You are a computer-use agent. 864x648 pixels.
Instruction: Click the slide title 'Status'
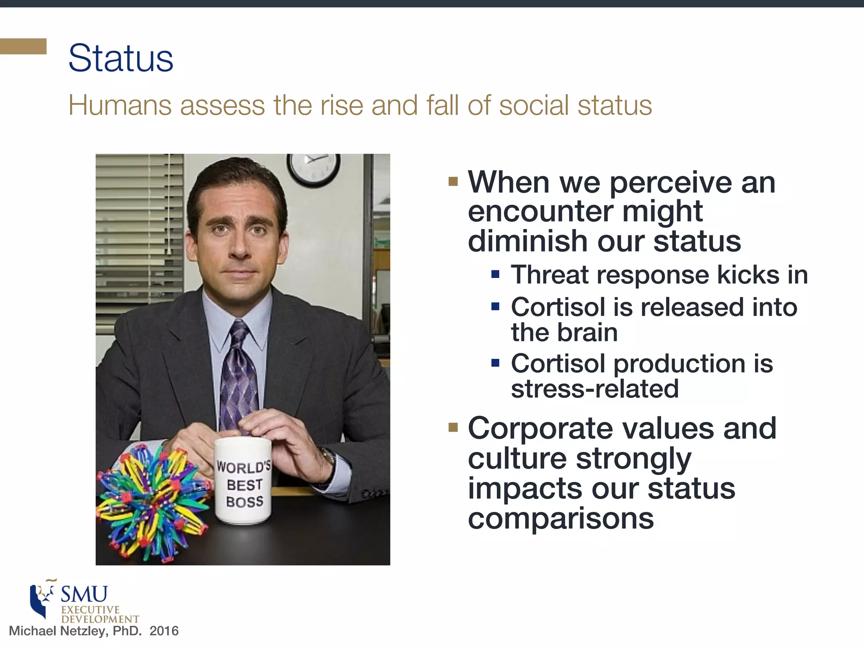121,58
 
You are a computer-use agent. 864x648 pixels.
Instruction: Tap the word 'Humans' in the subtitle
120,105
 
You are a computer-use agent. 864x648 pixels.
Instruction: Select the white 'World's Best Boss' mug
243,481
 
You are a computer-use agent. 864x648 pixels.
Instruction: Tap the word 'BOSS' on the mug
245,502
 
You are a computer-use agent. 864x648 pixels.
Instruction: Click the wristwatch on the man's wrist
327,458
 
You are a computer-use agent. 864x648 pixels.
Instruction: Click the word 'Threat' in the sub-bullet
550,275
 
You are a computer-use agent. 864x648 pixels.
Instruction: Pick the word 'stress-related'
595,389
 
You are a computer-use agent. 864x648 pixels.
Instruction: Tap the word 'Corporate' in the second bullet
540,428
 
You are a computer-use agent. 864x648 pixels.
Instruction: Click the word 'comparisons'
561,518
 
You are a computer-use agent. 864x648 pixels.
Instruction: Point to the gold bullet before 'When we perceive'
453,181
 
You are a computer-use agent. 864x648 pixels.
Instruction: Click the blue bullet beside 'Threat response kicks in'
495,275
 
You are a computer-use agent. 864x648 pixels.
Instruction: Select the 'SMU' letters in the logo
84,594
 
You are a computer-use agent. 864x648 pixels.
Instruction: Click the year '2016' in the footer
164,631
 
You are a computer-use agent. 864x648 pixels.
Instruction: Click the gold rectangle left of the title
23,46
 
